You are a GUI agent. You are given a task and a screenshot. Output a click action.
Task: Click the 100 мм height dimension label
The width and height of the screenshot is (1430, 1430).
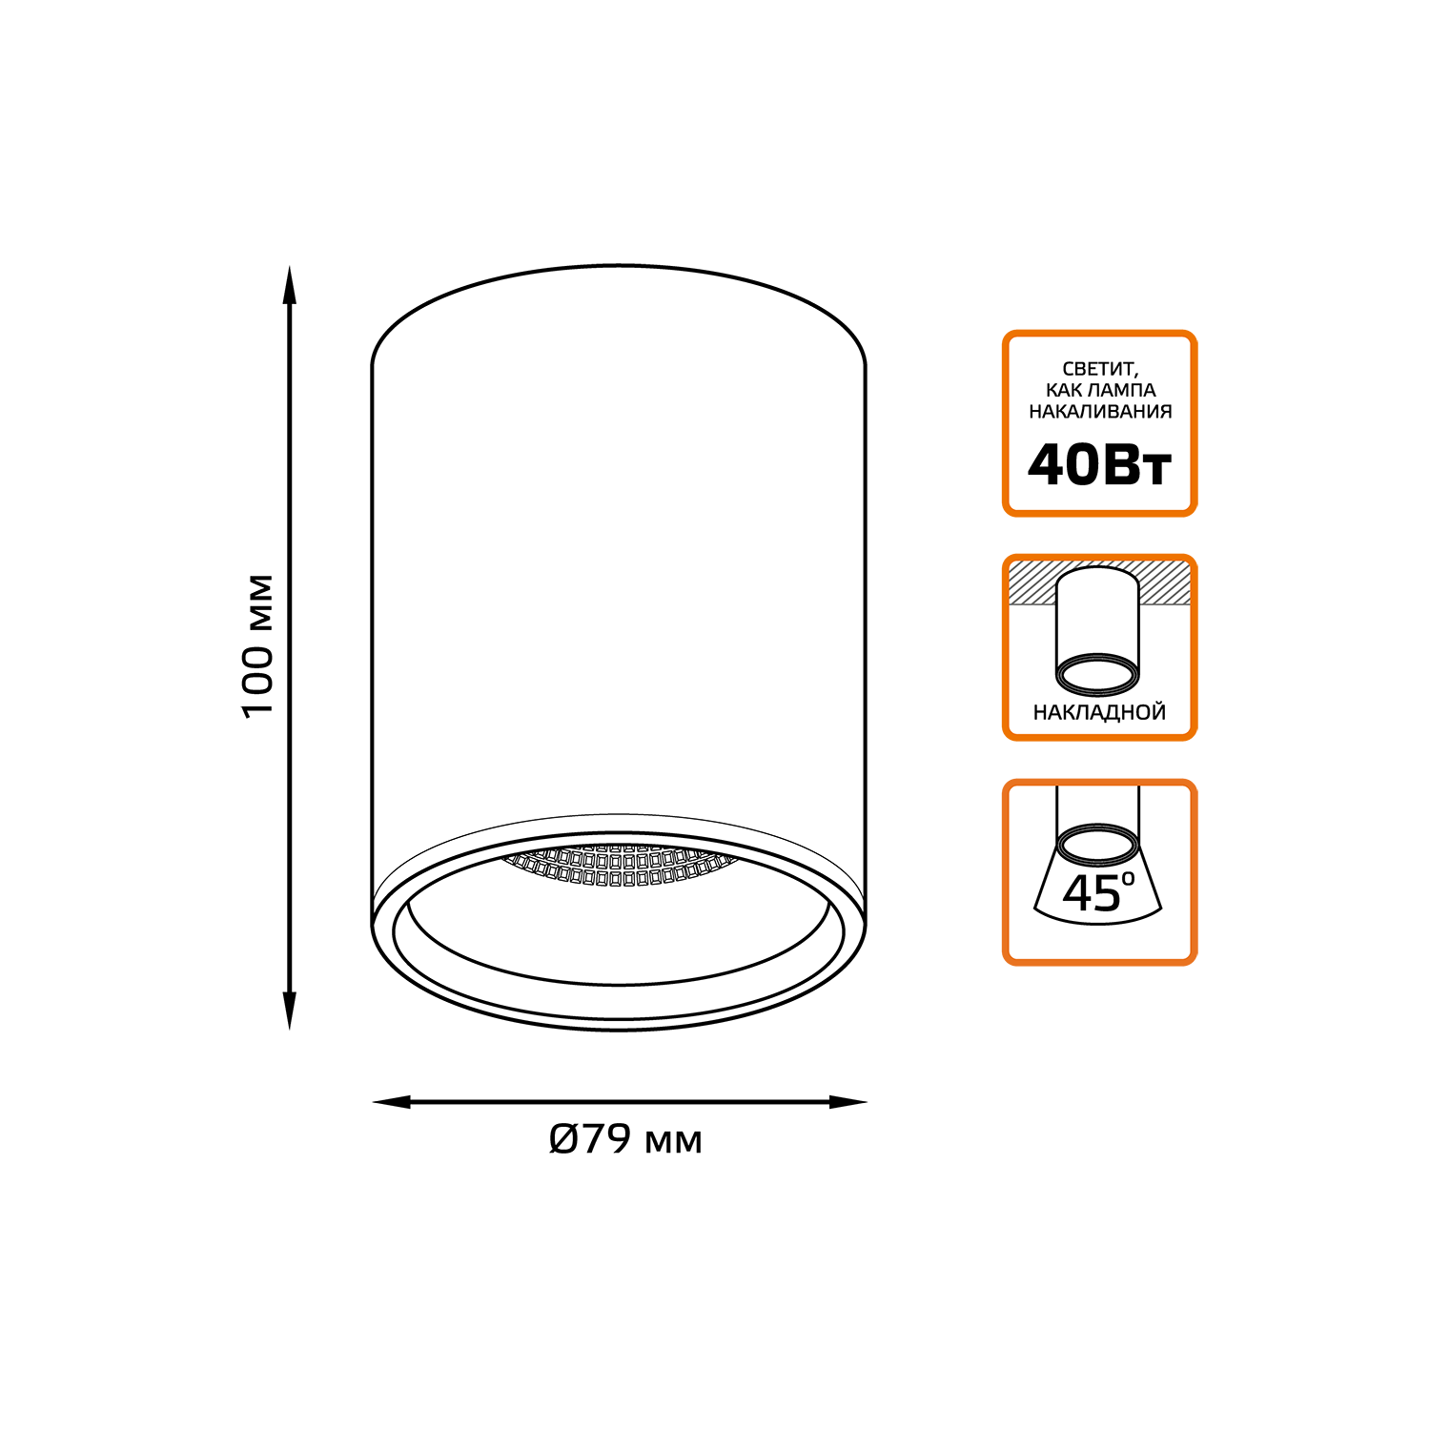[x=257, y=646]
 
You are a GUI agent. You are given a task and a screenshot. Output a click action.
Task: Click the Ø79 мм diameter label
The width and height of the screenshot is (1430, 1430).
[x=625, y=1138]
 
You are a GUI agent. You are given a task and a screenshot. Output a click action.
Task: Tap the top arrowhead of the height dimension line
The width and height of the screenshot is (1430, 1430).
[x=289, y=285]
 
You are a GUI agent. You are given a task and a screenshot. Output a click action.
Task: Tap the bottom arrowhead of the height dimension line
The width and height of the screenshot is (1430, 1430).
[x=289, y=1011]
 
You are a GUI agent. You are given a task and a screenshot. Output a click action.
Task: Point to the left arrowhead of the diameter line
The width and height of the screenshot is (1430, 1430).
[x=391, y=1102]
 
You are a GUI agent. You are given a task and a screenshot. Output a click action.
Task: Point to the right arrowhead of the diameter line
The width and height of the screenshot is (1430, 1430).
[x=848, y=1102]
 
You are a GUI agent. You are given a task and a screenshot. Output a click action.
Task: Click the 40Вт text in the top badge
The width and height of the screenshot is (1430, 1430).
[x=1099, y=465]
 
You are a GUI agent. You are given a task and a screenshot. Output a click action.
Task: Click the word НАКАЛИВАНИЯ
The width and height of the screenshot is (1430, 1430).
[x=1100, y=412]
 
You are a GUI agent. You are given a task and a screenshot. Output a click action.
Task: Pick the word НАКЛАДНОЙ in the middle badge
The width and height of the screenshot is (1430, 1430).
[x=1099, y=712]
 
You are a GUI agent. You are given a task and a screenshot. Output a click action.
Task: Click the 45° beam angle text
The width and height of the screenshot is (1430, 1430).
[x=1098, y=892]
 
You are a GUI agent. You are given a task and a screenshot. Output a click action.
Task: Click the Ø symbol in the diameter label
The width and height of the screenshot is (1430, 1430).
[x=563, y=1138]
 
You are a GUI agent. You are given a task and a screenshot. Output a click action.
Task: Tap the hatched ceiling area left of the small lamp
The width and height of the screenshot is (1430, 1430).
[x=1032, y=582]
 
